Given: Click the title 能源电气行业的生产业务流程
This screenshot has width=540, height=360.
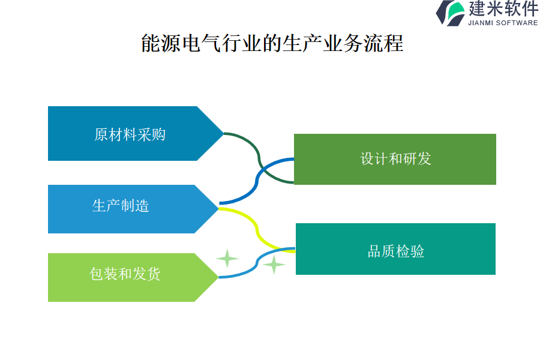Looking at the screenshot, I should (272, 43).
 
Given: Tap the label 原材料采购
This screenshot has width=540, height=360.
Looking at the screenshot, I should (130, 134).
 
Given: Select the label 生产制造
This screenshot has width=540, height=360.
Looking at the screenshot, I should (121, 206).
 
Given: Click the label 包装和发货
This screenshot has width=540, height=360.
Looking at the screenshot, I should (125, 274).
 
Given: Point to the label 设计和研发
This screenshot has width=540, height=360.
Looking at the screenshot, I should (395, 158).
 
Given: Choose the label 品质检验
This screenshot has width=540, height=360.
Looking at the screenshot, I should (395, 251).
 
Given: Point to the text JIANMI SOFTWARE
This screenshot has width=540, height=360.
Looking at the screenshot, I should (502, 23).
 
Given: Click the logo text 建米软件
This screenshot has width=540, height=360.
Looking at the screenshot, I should (503, 9).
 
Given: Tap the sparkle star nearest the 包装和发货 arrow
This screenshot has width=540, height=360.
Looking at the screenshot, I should (227, 258).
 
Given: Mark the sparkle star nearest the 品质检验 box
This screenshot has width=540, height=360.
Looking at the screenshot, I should (274, 264).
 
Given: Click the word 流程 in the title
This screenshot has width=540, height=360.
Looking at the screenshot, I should (383, 43).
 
